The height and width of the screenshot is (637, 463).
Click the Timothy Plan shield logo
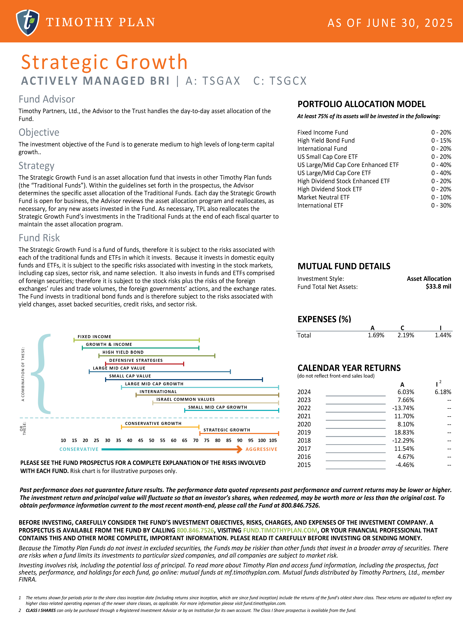point(28,22)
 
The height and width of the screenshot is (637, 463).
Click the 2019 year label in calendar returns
point(304,432)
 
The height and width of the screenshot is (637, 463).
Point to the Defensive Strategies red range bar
point(144,364)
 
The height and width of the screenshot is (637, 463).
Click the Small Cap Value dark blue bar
point(184,380)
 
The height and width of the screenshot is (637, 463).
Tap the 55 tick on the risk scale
point(163,440)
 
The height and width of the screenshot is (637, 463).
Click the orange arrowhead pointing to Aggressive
point(239,449)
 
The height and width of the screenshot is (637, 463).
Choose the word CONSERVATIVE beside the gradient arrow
point(79,449)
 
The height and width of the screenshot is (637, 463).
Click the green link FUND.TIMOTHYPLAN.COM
point(280,530)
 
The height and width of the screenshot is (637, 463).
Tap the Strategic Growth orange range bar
point(239,433)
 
